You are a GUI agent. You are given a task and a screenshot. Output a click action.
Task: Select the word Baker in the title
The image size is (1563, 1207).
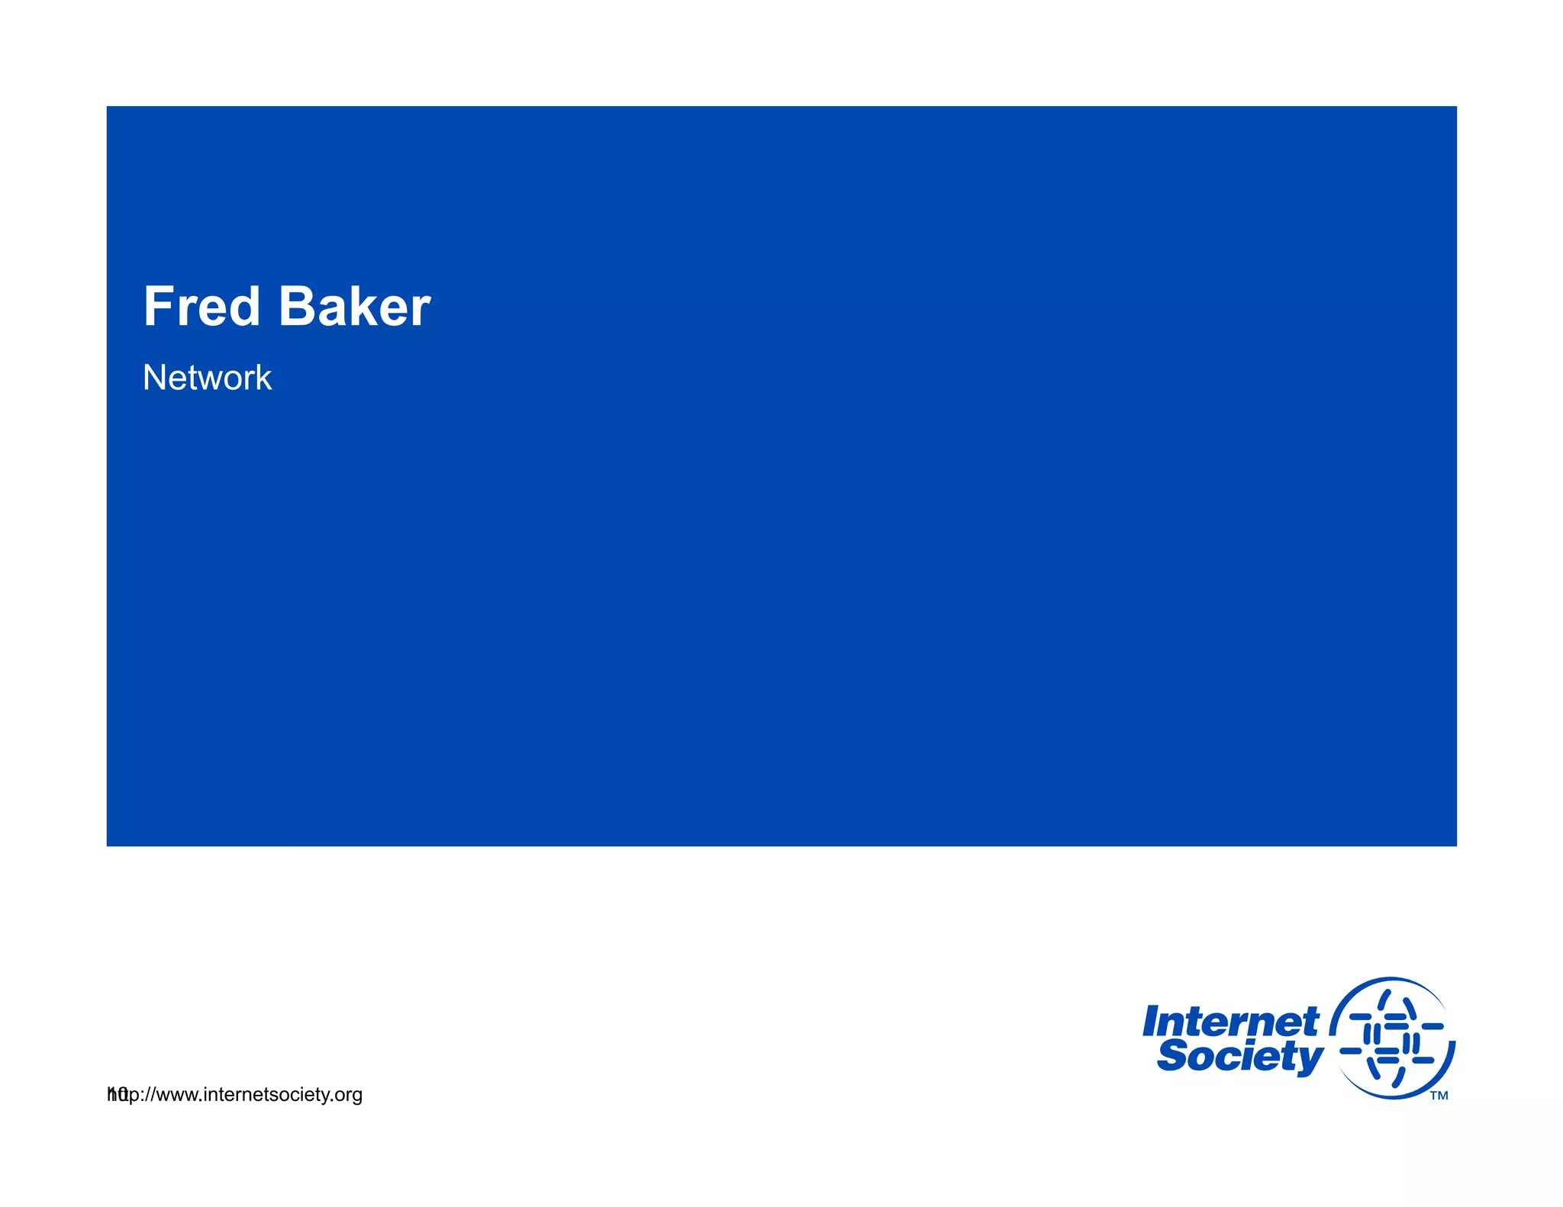(x=354, y=307)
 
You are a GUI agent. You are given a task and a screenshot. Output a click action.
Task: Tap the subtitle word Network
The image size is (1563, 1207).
(x=207, y=378)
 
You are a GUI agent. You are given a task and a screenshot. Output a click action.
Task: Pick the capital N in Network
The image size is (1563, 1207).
(x=154, y=378)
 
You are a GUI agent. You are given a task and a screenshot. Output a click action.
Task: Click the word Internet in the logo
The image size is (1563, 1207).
(x=1230, y=1022)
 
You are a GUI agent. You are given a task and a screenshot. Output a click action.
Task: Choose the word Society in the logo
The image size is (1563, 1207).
(x=1239, y=1057)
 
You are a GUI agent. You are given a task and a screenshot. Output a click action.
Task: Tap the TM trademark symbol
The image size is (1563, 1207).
(x=1439, y=1096)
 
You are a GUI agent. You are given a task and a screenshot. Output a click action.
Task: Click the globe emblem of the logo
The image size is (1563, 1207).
(x=1392, y=1038)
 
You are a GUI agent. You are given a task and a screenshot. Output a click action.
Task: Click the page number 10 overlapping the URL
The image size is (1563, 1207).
(x=117, y=1094)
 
